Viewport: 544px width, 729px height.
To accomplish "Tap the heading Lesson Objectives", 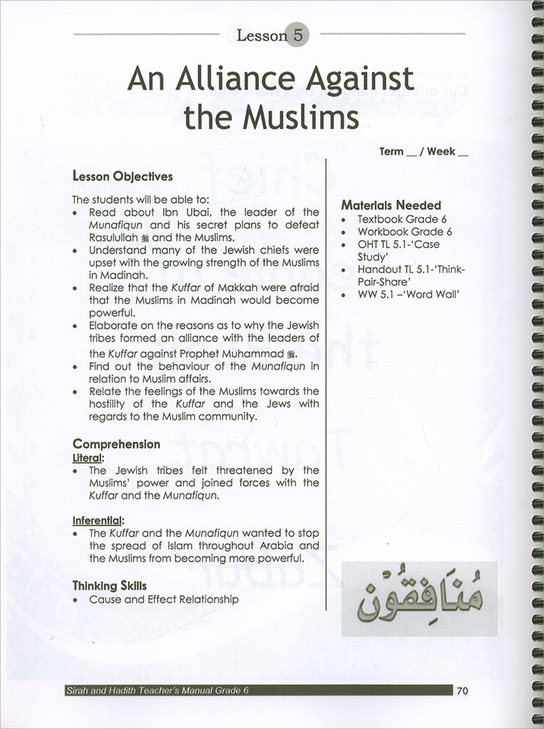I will click(122, 176).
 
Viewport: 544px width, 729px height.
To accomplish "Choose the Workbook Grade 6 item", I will click(404, 232).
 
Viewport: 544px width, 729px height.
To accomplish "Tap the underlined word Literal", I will click(89, 457).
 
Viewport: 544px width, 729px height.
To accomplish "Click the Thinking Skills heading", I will click(110, 585).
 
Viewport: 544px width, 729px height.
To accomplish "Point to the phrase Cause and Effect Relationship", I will click(164, 599).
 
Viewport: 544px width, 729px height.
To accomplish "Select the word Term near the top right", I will click(391, 151).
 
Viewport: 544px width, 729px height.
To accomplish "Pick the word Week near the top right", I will click(440, 151).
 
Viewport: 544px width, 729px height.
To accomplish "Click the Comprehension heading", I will click(116, 444).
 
